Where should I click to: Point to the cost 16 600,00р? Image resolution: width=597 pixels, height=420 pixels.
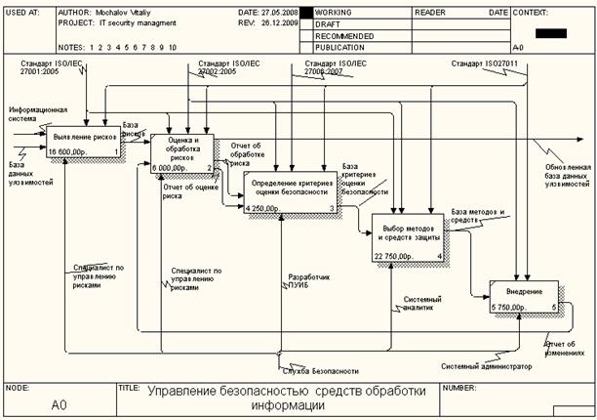(67, 152)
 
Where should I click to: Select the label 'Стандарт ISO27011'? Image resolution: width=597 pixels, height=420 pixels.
(483, 64)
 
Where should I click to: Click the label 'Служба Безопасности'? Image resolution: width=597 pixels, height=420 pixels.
(318, 371)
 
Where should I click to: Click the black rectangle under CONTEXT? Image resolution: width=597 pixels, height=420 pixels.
(550, 33)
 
